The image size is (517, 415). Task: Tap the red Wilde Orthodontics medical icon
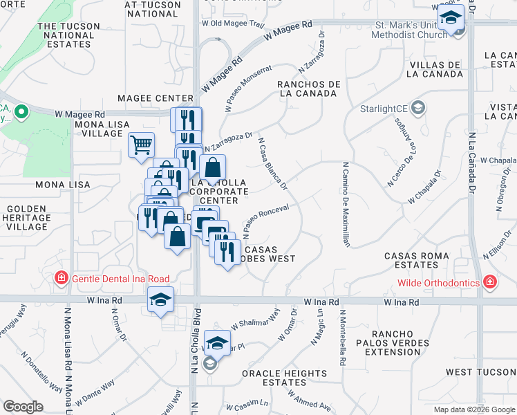tap(489, 282)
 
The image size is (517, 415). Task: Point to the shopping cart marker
tap(141, 146)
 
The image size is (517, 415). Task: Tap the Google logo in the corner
tap(23, 407)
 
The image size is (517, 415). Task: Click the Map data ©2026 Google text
tap(474, 409)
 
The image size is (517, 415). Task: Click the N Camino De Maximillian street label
tap(345, 204)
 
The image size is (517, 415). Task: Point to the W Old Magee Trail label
tap(233, 24)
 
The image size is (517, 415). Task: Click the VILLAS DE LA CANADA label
tap(434, 70)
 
